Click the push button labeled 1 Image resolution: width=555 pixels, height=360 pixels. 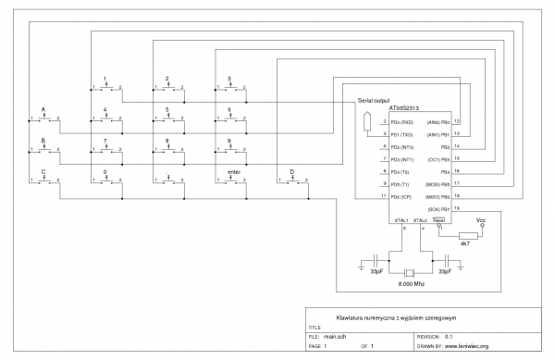tap(106, 87)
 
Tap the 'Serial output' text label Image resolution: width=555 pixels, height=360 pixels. tap(374, 99)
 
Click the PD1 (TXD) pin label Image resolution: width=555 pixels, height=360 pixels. tap(404, 135)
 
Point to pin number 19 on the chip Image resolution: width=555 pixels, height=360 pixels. tap(456, 209)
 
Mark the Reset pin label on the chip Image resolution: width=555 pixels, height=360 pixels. tap(440, 220)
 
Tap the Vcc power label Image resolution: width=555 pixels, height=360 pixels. tap(480, 220)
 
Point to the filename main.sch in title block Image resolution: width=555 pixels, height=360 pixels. tap(335, 337)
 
